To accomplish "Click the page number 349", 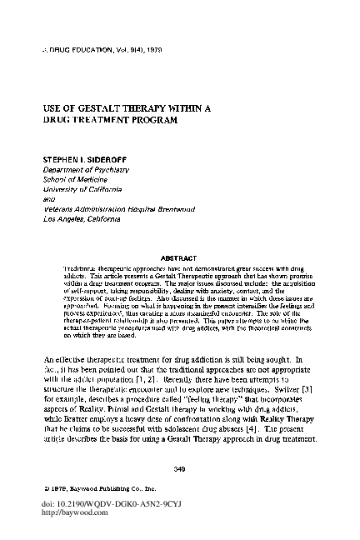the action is [x=177, y=474].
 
